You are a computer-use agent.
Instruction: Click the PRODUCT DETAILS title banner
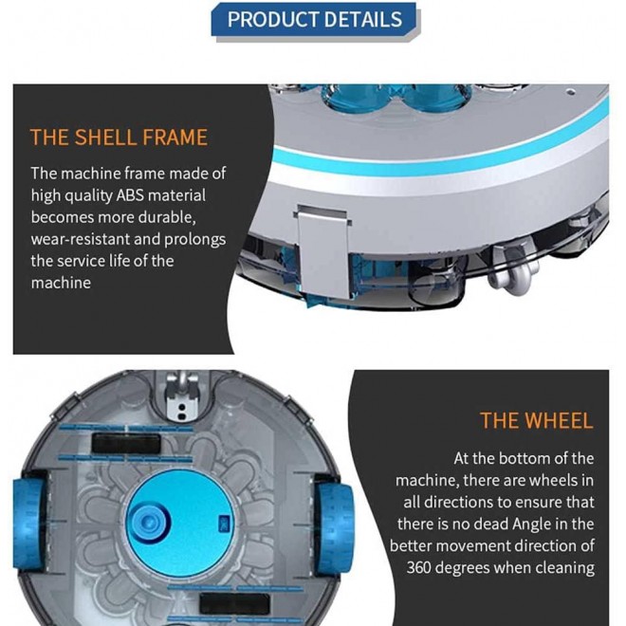(313, 19)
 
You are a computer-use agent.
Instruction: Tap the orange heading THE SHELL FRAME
(119, 137)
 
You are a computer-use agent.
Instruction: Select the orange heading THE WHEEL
(536, 420)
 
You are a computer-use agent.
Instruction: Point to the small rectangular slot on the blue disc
(222, 520)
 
